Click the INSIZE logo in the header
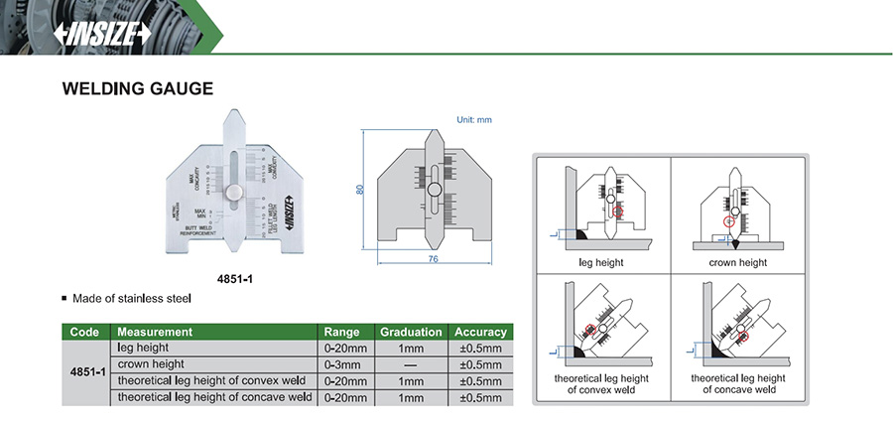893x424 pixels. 103,33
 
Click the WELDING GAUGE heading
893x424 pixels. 138,88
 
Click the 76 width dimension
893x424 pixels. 433,260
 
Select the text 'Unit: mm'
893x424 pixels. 474,119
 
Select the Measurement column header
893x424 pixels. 155,332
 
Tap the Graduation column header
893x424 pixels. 410,332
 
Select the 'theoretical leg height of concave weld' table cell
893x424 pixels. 214,397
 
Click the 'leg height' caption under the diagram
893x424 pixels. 601,263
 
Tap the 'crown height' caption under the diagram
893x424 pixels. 737,263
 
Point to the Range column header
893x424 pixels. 342,332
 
